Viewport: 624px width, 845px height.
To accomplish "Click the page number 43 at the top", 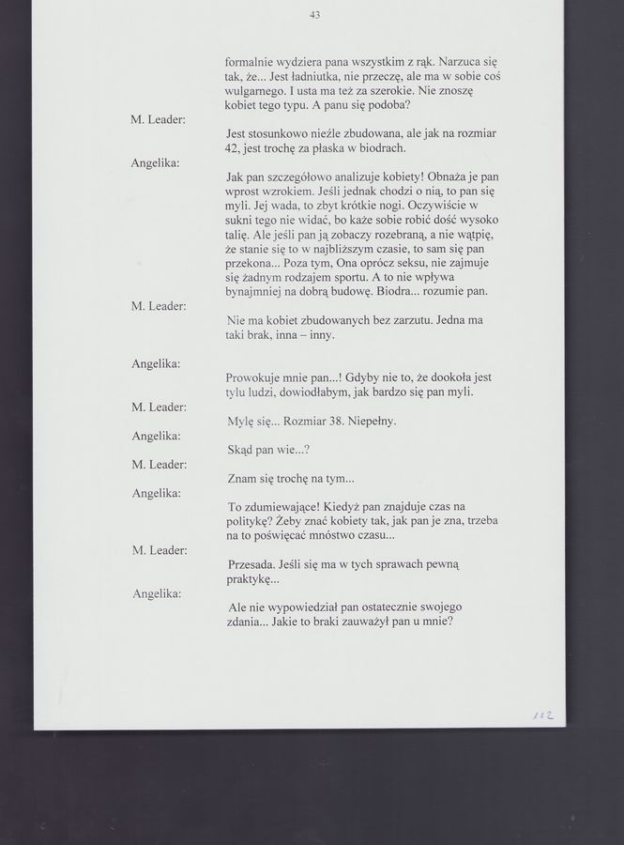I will tap(314, 14).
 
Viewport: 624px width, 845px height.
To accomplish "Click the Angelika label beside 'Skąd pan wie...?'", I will tap(156, 436).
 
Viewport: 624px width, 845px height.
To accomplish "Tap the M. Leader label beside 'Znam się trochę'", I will tap(159, 464).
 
